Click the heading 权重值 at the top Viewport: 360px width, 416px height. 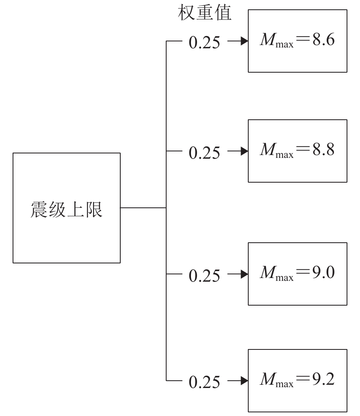pos(205,14)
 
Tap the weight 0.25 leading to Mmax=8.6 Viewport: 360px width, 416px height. pos(205,43)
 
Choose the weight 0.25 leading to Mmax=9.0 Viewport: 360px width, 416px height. pos(205,276)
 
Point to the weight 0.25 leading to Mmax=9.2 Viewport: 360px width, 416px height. pos(205,382)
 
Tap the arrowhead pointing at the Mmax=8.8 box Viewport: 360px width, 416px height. pos(244,151)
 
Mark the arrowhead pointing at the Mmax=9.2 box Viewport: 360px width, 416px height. pos(244,381)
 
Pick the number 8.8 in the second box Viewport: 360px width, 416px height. pos(323,150)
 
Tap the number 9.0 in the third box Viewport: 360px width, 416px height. pos(323,273)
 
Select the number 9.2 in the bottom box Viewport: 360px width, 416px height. pos(323,380)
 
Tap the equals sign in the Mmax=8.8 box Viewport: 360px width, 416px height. pos(303,151)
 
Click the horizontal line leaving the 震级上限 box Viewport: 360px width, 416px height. pos(143,208)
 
